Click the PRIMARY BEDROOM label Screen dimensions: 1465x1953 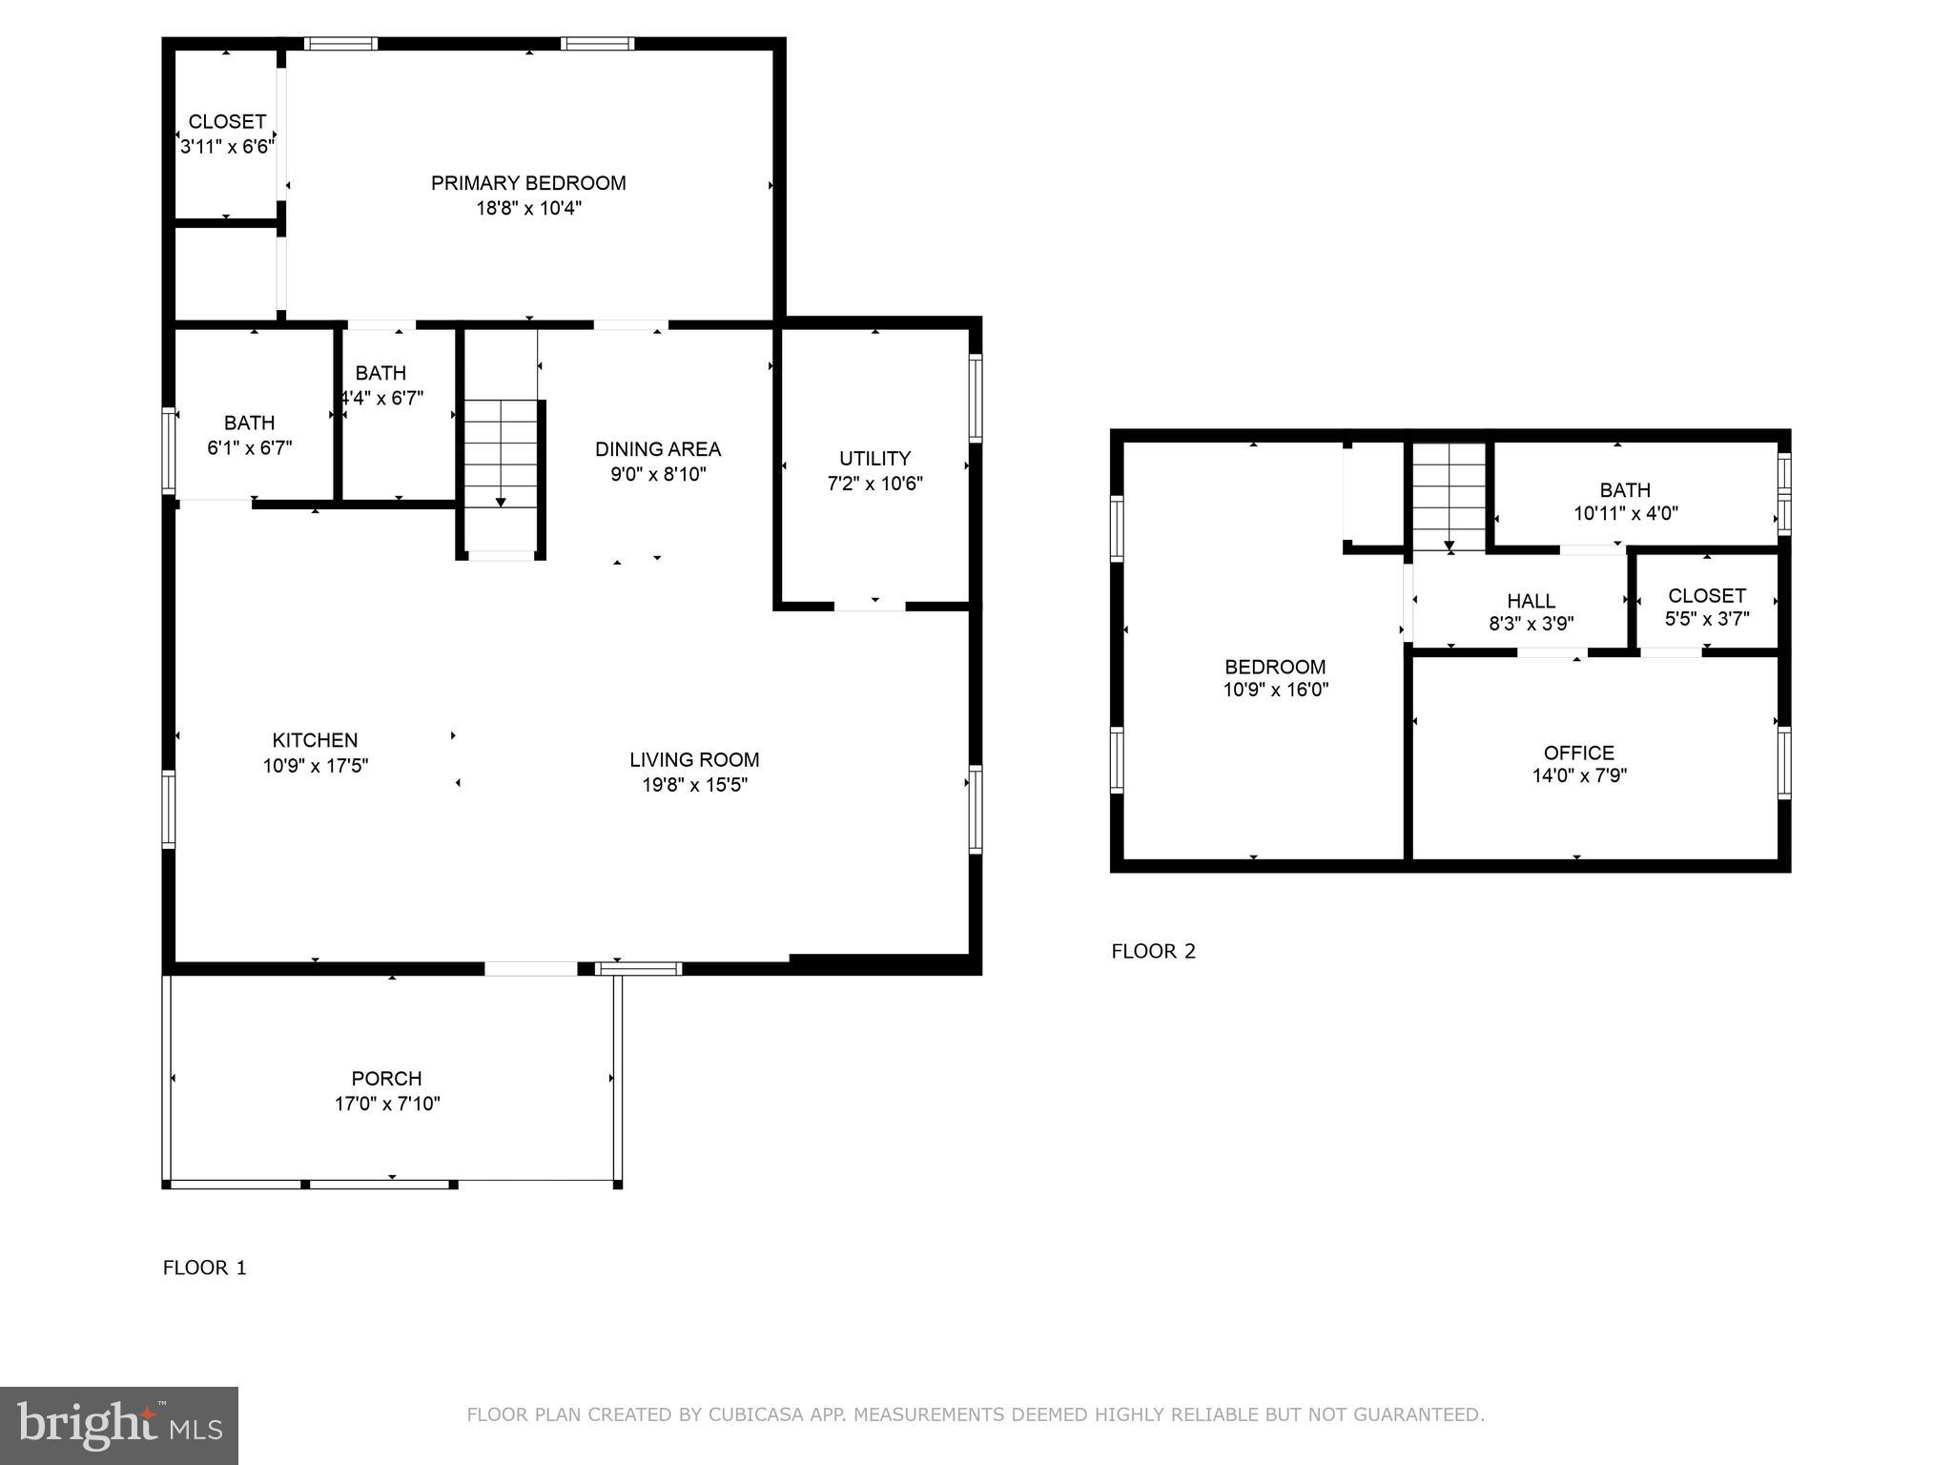[528, 183]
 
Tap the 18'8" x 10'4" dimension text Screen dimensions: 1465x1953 [528, 208]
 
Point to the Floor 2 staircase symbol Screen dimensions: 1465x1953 [1449, 497]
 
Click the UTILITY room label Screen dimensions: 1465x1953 [874, 458]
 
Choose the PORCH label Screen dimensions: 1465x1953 [386, 1078]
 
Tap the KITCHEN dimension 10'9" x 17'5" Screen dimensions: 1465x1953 [316, 765]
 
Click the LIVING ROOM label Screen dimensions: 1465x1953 [694, 760]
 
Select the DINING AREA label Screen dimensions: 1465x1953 [658, 449]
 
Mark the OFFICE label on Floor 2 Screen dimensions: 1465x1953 [1579, 753]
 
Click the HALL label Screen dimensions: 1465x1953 [1531, 601]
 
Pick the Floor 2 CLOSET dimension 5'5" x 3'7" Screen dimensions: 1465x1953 [1707, 619]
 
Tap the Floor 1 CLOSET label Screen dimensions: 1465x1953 [227, 122]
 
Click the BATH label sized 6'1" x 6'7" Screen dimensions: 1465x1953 [249, 423]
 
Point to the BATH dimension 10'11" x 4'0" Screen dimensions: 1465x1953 [1625, 513]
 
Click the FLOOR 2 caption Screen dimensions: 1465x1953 [1153, 951]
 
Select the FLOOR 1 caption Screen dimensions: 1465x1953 [204, 1268]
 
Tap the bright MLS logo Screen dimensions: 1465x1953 [119, 1426]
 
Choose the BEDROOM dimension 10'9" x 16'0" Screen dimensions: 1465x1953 [1275, 690]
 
